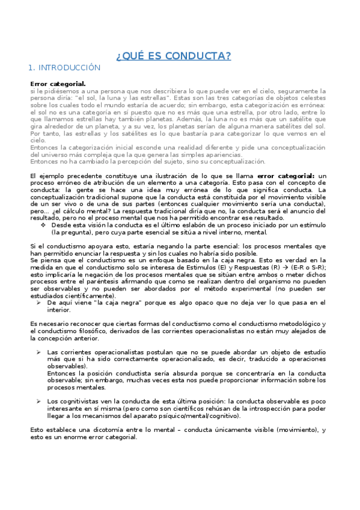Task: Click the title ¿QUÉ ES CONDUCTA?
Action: (x=173, y=57)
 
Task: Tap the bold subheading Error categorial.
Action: (x=58, y=83)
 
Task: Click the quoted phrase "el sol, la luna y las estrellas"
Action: (x=121, y=97)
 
